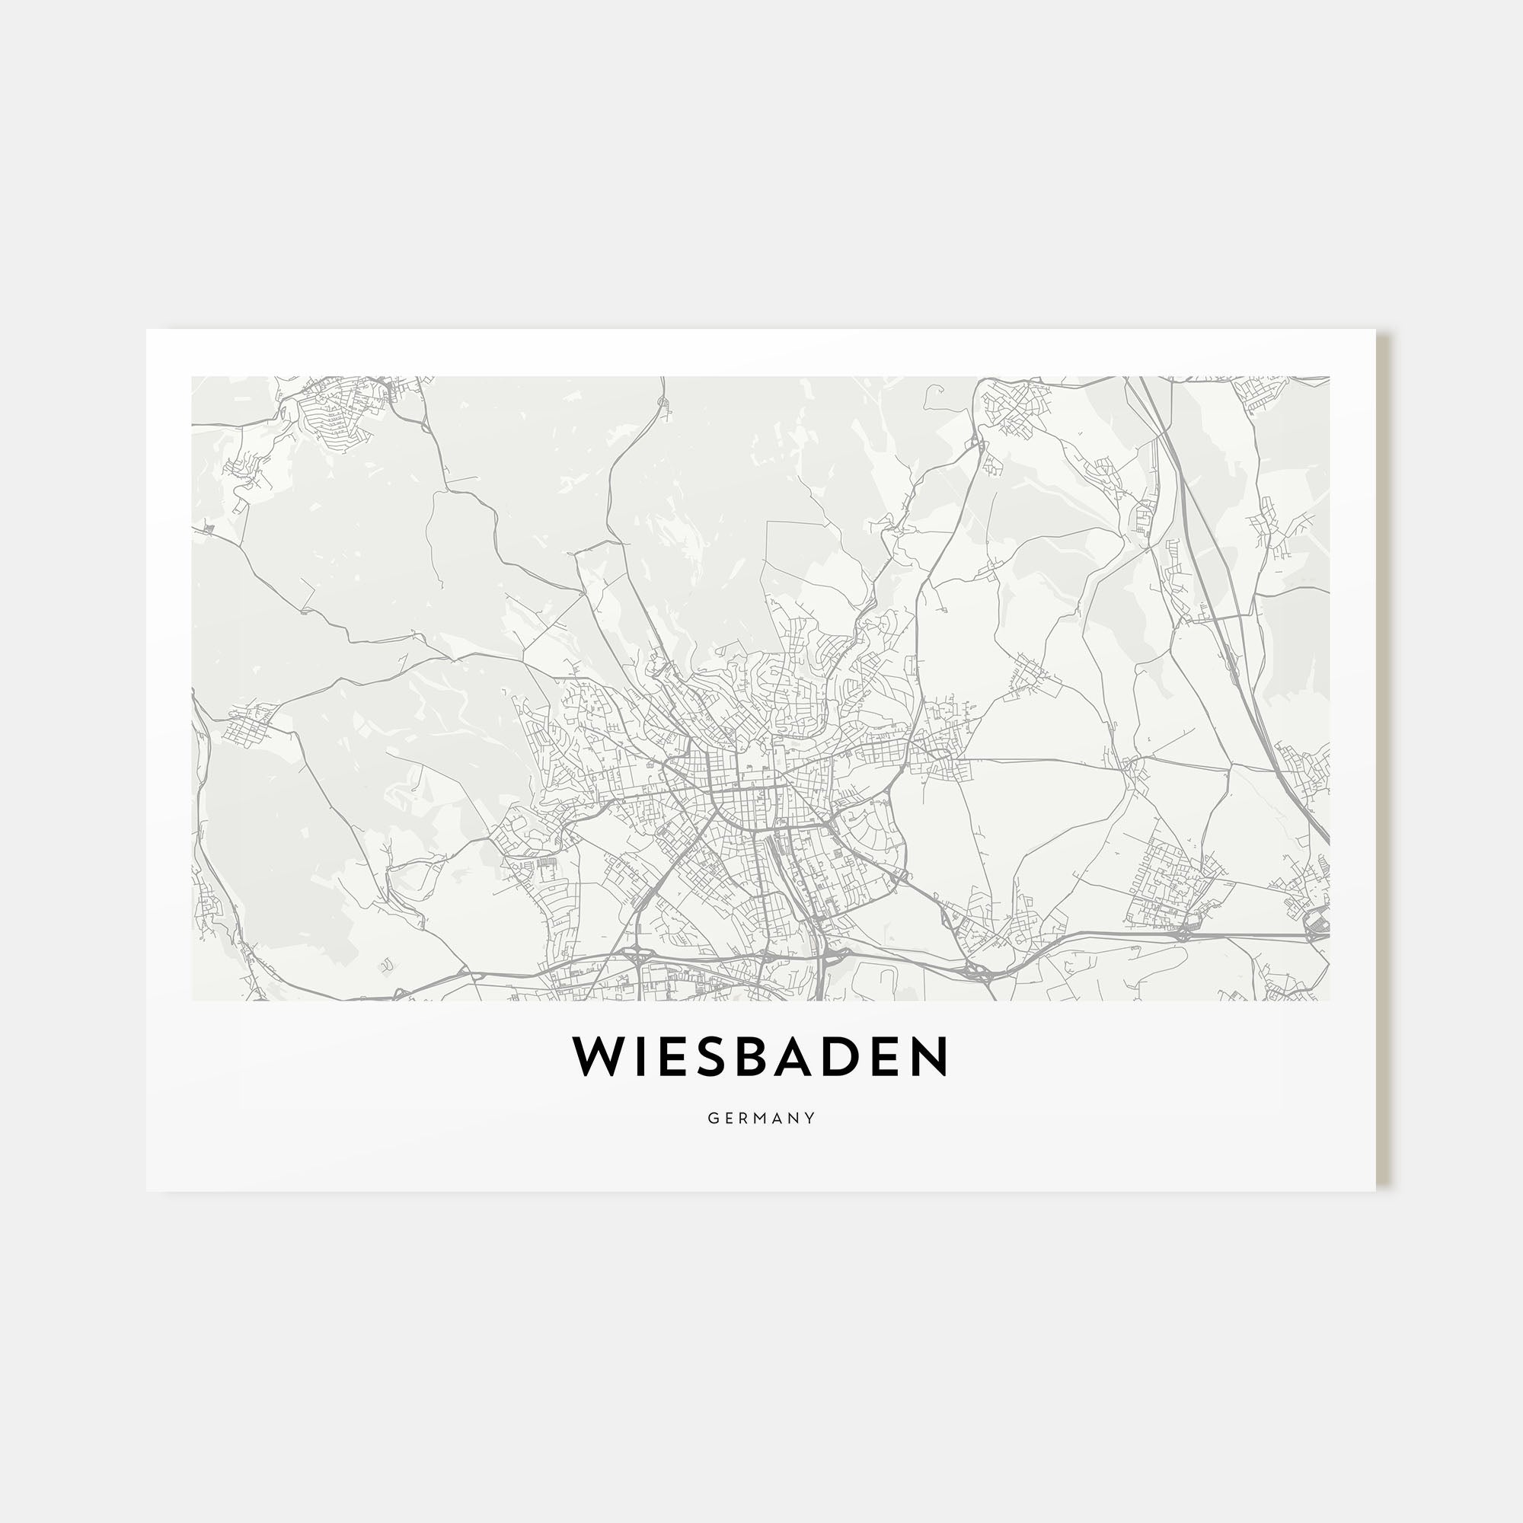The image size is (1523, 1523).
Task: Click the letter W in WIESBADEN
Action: pos(599,1057)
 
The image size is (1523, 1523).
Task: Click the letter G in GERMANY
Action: pos(713,1118)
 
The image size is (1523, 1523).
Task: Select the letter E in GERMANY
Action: pos(730,1118)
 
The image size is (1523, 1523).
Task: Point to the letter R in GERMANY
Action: pos(745,1118)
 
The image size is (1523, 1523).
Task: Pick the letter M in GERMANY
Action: pos(762,1118)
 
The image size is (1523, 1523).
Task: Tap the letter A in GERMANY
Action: pos(781,1118)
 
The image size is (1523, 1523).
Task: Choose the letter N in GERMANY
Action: pos(797,1118)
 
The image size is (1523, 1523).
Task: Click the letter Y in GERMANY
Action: pos(812,1118)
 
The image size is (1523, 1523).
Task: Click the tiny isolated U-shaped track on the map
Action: pos(386,965)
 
